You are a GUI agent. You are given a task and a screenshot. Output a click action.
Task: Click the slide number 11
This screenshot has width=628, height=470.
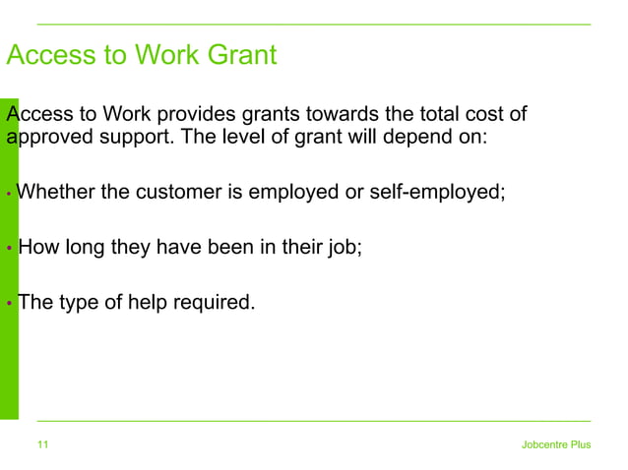[x=43, y=445]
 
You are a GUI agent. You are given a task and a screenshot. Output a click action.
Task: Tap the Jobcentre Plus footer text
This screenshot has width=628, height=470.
[x=556, y=445]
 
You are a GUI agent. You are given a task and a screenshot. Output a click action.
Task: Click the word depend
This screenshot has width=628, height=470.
[x=406, y=137]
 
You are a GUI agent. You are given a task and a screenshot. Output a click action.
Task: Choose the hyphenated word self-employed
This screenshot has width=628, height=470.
[x=436, y=191]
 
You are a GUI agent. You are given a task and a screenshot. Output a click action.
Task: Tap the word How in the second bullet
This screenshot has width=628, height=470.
[x=37, y=246]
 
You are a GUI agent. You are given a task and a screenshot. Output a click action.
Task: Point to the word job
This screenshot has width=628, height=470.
[x=346, y=247]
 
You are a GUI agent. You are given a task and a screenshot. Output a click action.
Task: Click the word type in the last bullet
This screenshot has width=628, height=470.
[x=80, y=302]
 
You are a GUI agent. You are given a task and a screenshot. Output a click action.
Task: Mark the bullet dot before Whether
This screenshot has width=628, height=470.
[x=8, y=194]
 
